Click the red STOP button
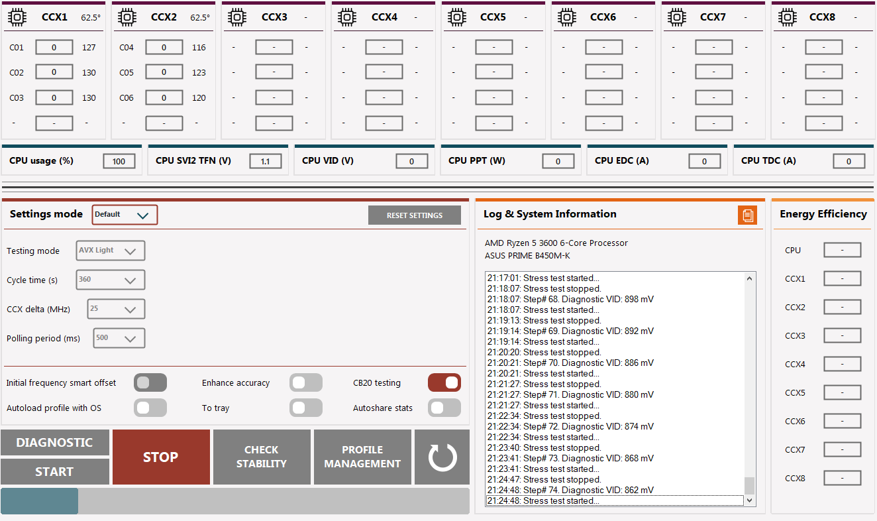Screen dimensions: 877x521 click(161, 457)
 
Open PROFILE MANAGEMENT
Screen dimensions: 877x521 click(362, 457)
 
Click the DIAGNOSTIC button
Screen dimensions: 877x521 click(55, 442)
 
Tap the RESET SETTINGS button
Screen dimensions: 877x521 click(414, 215)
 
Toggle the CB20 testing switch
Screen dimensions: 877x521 click(444, 382)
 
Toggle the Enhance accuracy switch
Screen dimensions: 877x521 click(306, 382)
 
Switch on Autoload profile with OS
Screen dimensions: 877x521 click(150, 408)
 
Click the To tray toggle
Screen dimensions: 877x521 click(306, 408)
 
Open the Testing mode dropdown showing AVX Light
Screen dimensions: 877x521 click(111, 251)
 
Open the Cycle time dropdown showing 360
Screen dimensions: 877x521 click(111, 280)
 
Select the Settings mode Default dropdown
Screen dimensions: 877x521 click(125, 215)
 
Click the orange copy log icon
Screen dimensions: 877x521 click(747, 215)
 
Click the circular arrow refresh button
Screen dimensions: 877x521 click(442, 457)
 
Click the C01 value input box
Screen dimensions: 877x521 click(54, 48)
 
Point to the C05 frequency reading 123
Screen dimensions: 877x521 click(199, 72)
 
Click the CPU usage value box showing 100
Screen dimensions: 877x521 click(119, 161)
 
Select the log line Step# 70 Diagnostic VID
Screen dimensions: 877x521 click(570, 363)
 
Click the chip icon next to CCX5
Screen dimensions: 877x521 click(457, 17)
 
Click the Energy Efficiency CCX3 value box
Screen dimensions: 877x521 click(842, 335)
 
